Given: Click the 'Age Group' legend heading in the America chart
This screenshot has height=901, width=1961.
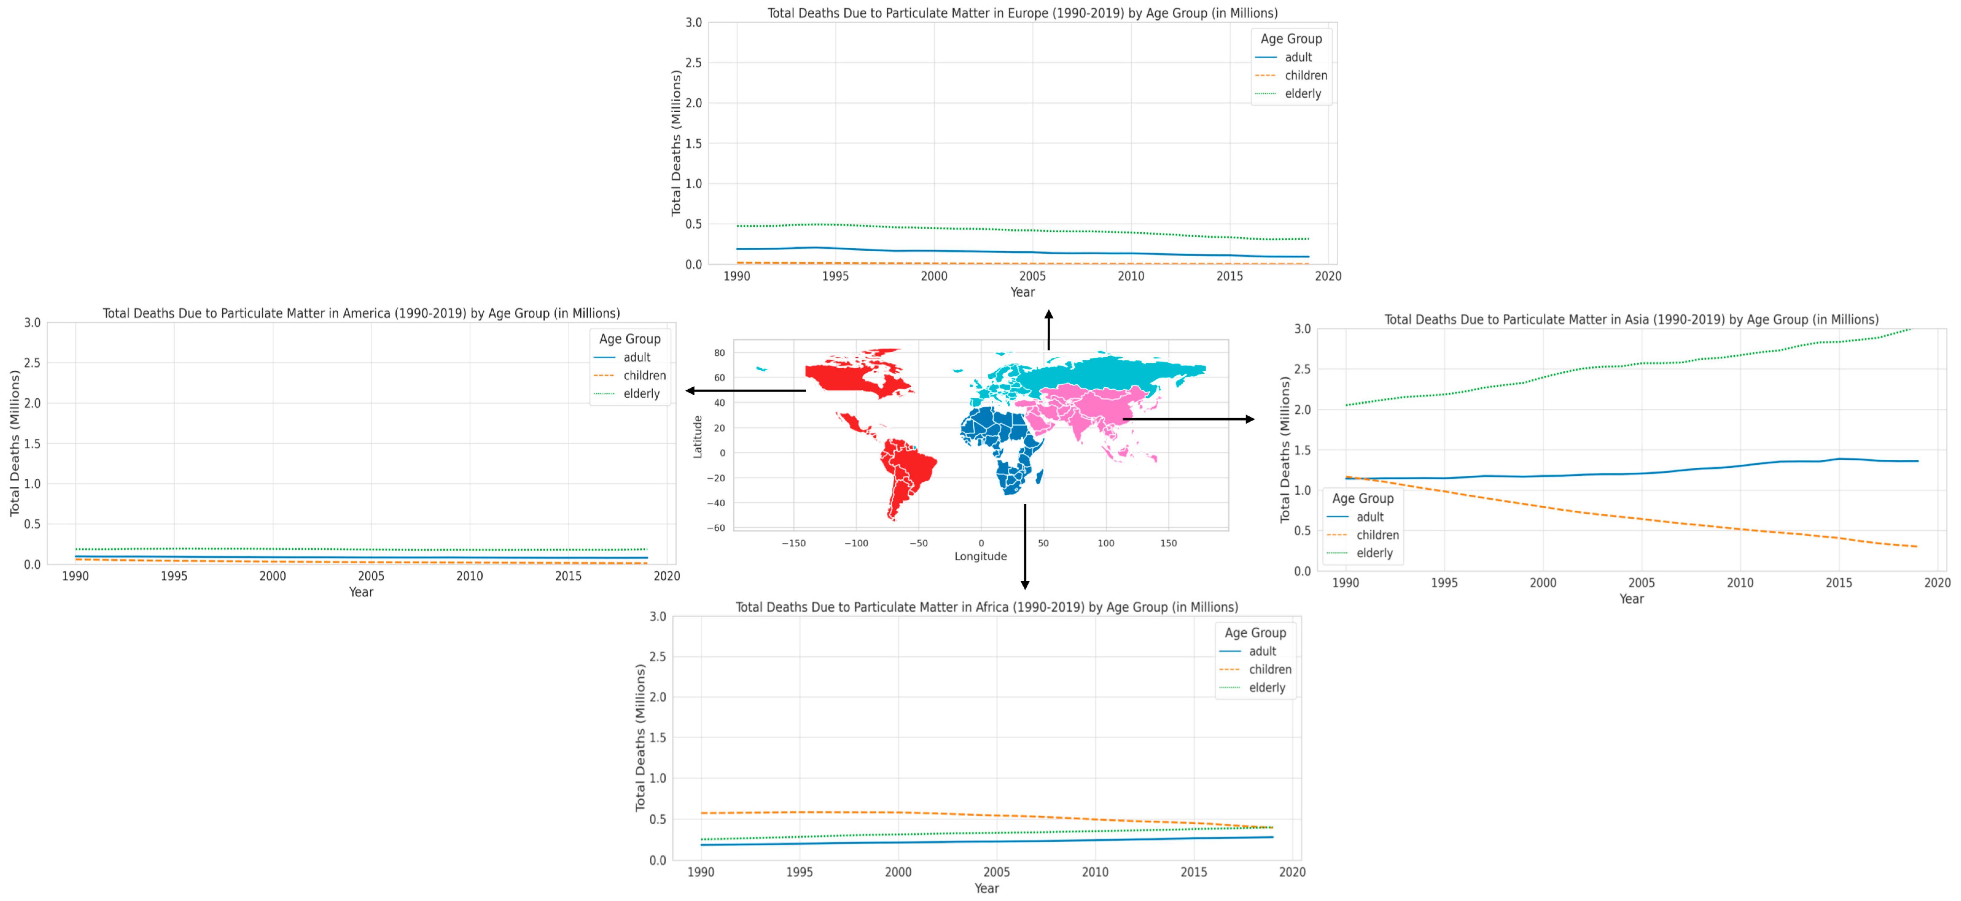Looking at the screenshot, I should pyautogui.click(x=629, y=338).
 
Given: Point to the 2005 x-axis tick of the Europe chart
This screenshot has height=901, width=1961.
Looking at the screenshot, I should pyautogui.click(x=1032, y=276).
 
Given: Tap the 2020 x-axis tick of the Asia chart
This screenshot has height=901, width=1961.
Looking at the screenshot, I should pyautogui.click(x=1937, y=583).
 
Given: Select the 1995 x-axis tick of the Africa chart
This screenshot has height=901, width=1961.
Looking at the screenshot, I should pyautogui.click(x=799, y=872).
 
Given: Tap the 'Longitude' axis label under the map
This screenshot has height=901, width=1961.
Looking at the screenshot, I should pyautogui.click(x=981, y=556).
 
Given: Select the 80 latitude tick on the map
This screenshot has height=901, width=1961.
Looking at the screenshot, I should pyautogui.click(x=719, y=353).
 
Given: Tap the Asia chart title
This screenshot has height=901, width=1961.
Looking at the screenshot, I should pyautogui.click(x=1631, y=319).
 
